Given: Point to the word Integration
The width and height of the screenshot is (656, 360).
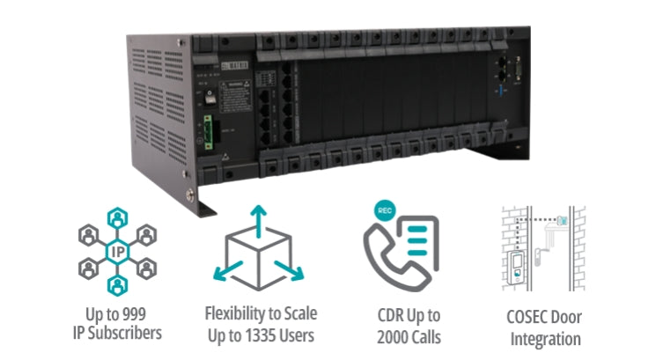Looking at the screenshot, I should pyautogui.click(x=547, y=338).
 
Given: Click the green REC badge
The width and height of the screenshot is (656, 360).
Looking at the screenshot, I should pyautogui.click(x=380, y=214).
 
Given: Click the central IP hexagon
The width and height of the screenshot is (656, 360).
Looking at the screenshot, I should pyautogui.click(x=116, y=251).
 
